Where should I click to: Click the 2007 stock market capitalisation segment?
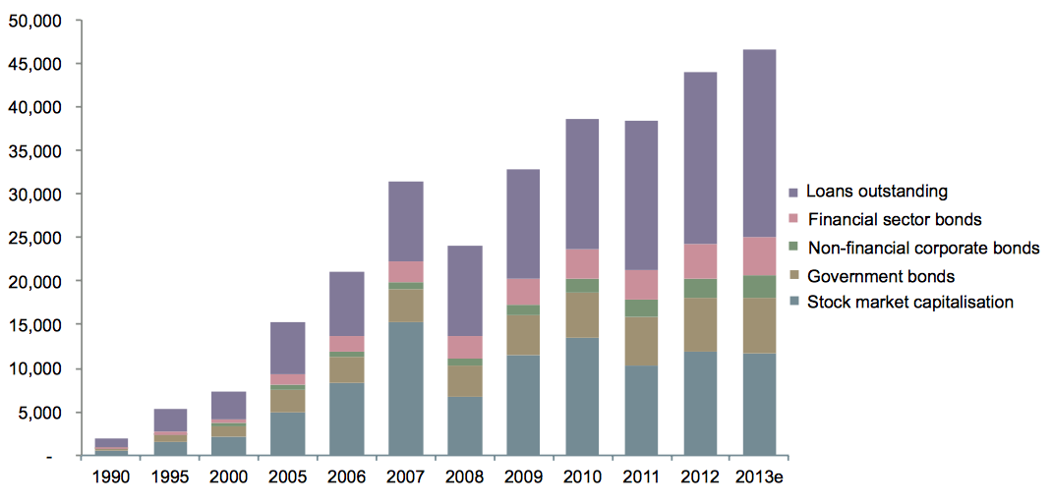(x=406, y=389)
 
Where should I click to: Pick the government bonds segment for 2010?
(x=583, y=314)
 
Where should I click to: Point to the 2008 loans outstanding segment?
(x=465, y=291)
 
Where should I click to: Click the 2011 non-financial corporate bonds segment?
(x=642, y=308)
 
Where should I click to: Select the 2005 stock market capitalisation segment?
(x=288, y=434)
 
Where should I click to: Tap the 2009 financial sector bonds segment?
(x=524, y=291)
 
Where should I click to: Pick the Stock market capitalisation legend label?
(x=909, y=303)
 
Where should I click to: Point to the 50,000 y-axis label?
(x=35, y=20)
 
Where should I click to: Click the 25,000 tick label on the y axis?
(x=35, y=238)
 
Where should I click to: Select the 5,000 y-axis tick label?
(x=39, y=412)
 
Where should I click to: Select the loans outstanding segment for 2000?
(x=229, y=405)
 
